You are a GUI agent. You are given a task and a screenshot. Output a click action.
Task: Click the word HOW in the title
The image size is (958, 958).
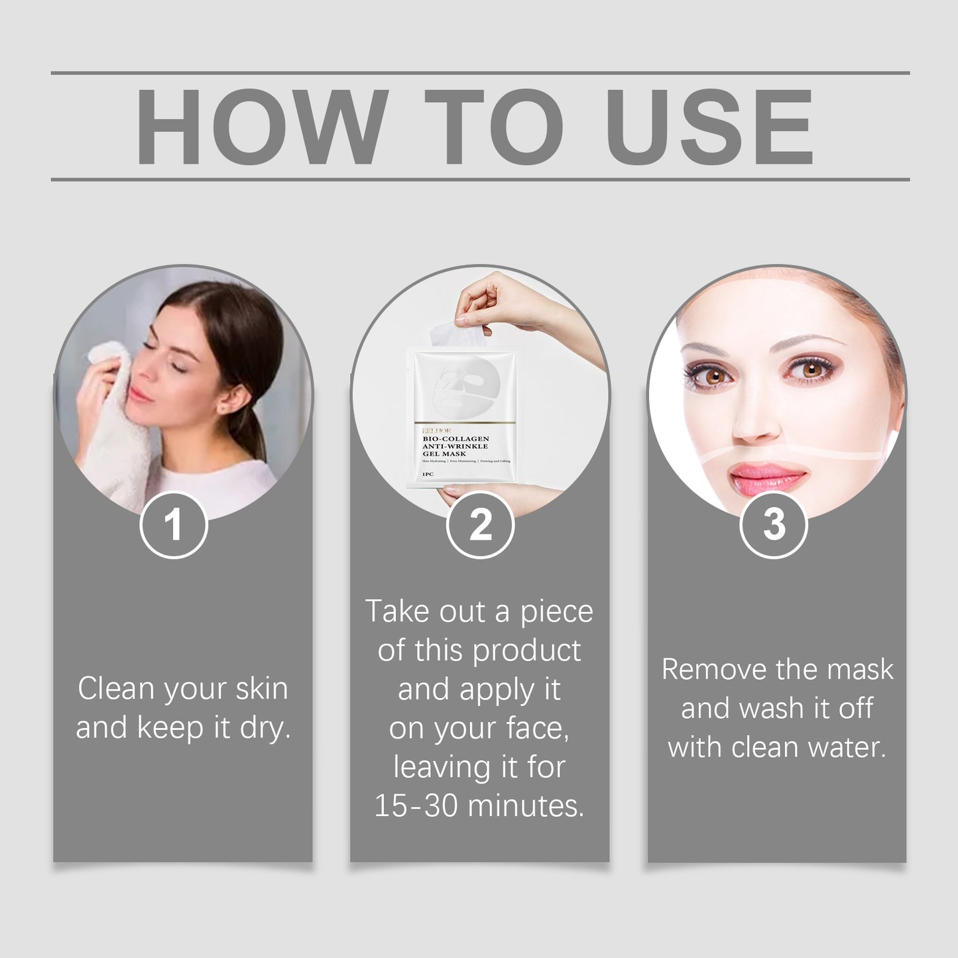262,126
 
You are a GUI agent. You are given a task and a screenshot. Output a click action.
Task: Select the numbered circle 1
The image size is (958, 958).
174,524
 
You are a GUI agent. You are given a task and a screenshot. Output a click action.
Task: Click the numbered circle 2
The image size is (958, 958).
480,524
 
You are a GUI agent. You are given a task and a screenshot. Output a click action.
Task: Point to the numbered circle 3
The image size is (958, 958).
773,524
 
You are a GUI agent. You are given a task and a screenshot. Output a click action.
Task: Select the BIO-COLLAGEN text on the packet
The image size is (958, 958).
455,439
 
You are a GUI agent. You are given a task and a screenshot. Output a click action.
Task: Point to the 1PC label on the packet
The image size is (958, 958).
428,475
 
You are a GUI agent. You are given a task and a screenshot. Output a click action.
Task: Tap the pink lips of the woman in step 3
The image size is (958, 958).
767,475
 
